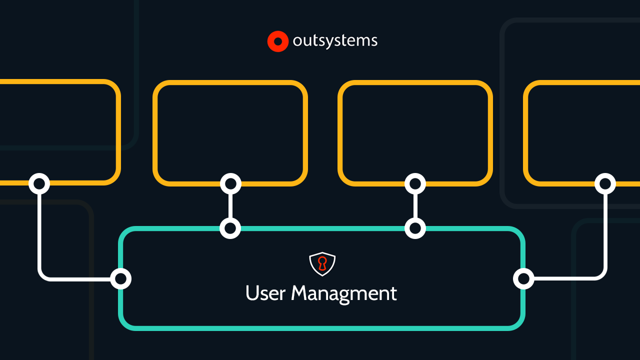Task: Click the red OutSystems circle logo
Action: (x=278, y=41)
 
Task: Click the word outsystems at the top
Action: (x=335, y=41)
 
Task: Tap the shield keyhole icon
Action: (x=322, y=264)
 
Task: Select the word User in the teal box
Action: (x=265, y=293)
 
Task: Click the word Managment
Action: (x=344, y=294)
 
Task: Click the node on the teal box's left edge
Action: (x=120, y=278)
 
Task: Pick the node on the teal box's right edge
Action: (x=523, y=278)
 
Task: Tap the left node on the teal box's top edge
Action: (x=230, y=228)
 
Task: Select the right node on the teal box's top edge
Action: (x=415, y=228)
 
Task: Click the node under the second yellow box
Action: (x=230, y=184)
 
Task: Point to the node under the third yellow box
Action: (x=415, y=184)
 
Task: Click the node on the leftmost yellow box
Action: (x=39, y=183)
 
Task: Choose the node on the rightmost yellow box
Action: (x=605, y=183)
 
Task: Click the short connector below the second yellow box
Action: (x=230, y=206)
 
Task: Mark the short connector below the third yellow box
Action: (x=415, y=206)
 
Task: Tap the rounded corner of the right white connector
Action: (x=601, y=274)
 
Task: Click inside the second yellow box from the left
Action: (x=230, y=132)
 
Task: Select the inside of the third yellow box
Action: (x=415, y=132)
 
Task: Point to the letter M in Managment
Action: (x=300, y=293)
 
